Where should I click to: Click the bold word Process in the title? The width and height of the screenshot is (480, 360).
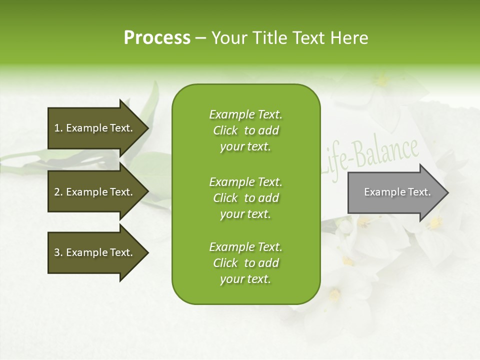[x=157, y=38]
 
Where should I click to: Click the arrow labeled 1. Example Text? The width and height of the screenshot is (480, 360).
[x=93, y=128]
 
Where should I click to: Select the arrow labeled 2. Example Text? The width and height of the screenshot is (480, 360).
[x=93, y=192]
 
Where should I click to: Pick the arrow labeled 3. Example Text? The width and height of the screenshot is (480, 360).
[x=93, y=252]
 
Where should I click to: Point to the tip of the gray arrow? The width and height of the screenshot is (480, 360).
[x=447, y=192]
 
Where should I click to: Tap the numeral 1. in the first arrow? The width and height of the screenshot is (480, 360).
[x=58, y=128]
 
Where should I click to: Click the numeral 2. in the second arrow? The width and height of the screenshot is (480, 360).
[x=58, y=192]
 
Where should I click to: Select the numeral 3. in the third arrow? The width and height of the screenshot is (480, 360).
[x=58, y=252]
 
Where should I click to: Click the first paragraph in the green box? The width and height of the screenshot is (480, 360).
[x=245, y=130]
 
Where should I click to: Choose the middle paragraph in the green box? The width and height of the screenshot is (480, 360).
[x=245, y=198]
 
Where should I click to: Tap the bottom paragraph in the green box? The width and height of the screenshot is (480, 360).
[x=245, y=263]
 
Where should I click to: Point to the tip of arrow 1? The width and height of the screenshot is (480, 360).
[x=148, y=128]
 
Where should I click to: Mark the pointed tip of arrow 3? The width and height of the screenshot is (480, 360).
[x=148, y=252]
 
